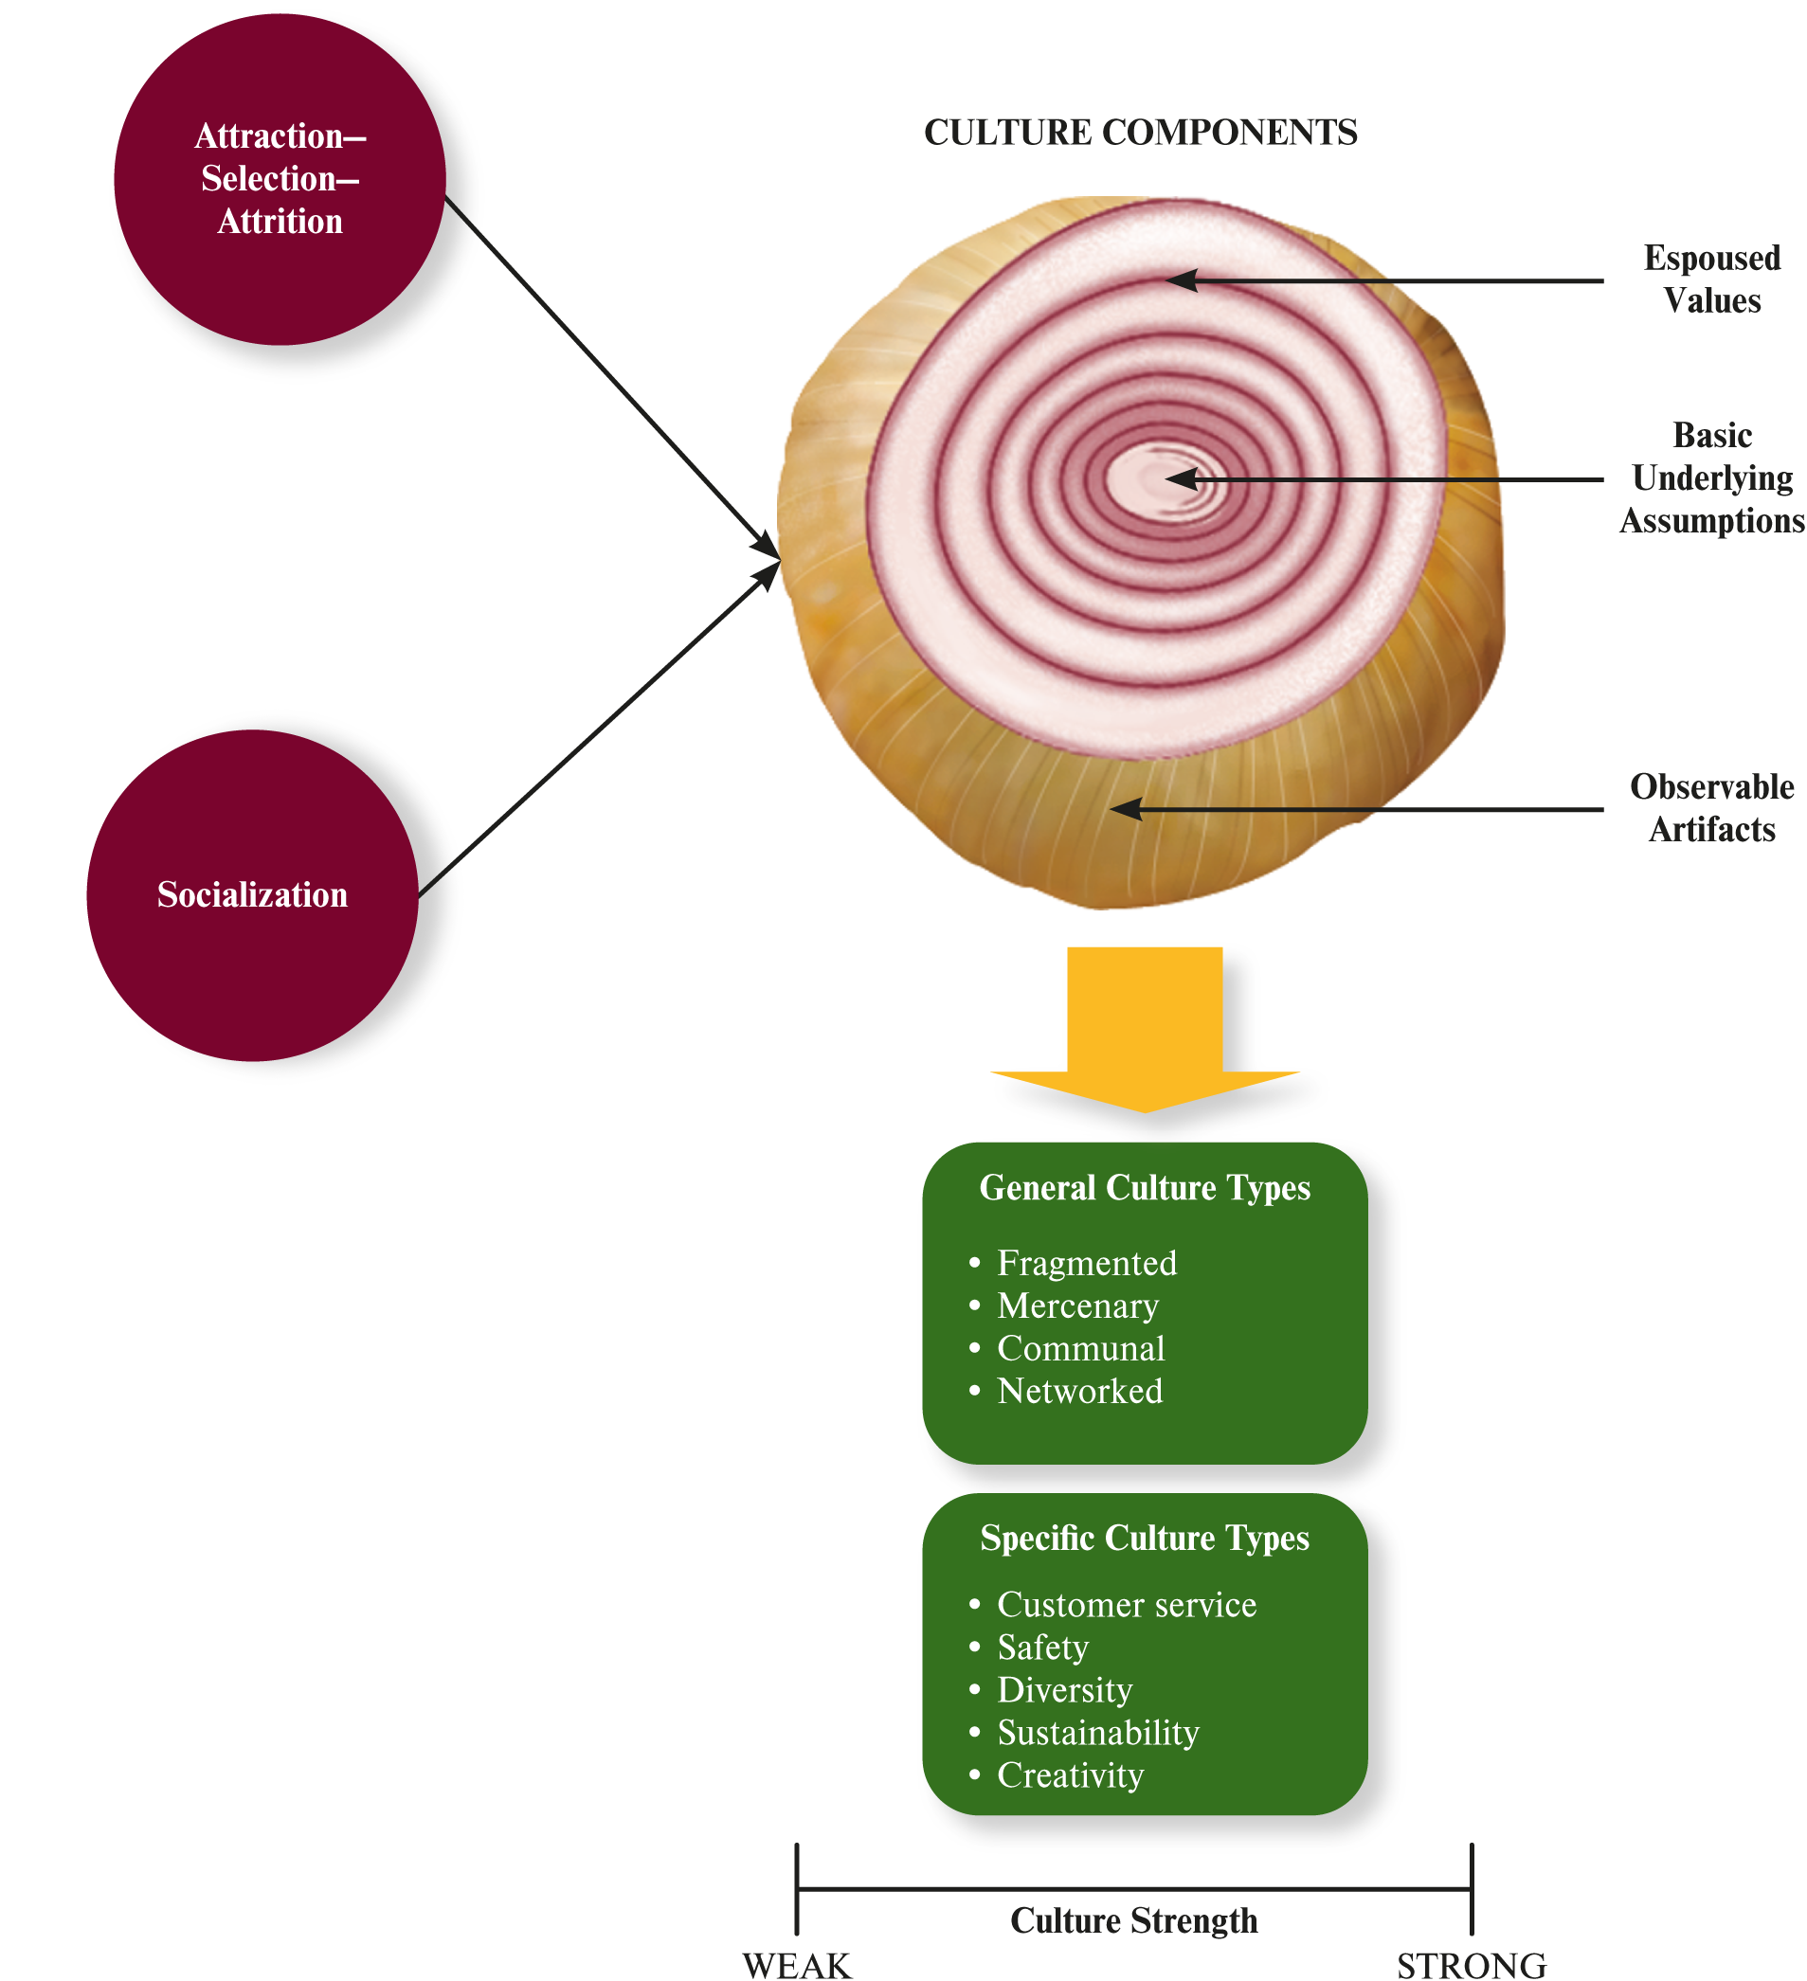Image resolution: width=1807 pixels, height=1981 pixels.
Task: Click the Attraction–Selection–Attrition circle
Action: [x=280, y=179]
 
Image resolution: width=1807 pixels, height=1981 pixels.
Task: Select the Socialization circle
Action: [x=253, y=895]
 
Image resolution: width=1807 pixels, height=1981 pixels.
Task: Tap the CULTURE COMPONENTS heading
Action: [x=1140, y=133]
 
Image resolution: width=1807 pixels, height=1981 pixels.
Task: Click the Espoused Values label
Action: [x=1710, y=279]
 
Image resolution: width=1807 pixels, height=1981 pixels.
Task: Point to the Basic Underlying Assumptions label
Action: [x=1710, y=478]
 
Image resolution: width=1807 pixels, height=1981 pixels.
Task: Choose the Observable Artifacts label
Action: [x=1710, y=808]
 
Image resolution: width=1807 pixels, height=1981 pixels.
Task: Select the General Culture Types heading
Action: [x=1145, y=1188]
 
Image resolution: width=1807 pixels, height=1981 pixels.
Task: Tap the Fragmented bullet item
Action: [x=1086, y=1264]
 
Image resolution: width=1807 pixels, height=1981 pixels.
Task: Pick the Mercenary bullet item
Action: [x=1077, y=1306]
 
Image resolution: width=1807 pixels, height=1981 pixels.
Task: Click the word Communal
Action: [x=1081, y=1349]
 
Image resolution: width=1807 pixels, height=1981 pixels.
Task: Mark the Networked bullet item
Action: [x=1079, y=1392]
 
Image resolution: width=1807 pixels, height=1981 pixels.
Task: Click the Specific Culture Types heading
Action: [x=1145, y=1538]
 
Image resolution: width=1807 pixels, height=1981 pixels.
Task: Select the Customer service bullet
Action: [x=1126, y=1605]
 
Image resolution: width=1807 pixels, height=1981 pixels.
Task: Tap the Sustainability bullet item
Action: [x=1097, y=1733]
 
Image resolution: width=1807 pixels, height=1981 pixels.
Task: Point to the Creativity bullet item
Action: [x=1070, y=1775]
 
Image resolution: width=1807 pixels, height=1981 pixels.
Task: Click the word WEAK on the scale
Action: [x=797, y=1964]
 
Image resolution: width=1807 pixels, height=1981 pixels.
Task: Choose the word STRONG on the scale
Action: [x=1471, y=1964]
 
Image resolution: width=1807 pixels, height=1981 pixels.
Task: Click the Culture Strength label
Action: [x=1134, y=1920]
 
